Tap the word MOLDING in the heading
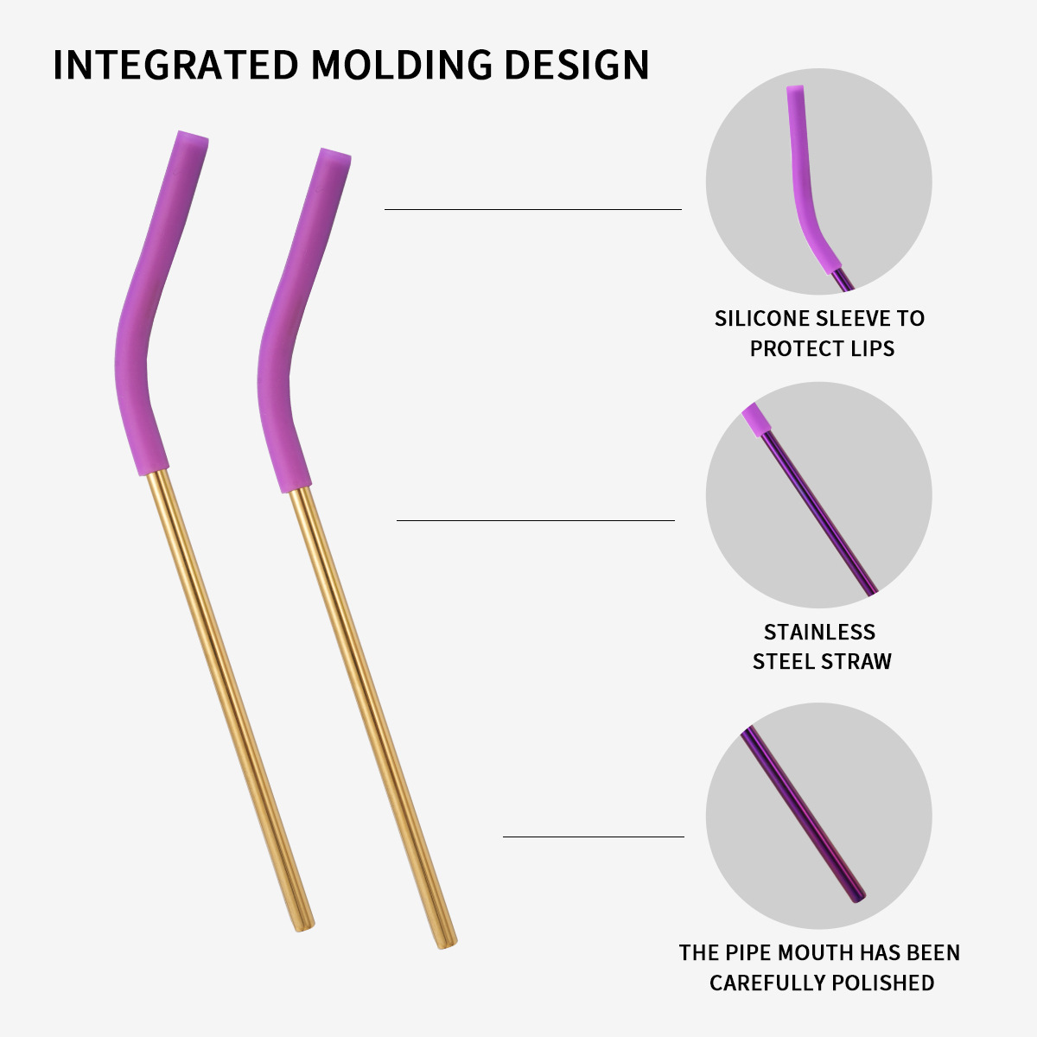(x=400, y=66)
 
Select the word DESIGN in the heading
(x=576, y=66)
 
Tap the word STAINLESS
(x=819, y=632)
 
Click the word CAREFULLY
(x=766, y=983)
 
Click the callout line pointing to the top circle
(x=532, y=209)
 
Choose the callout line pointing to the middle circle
(x=535, y=520)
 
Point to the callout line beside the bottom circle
(x=593, y=837)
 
